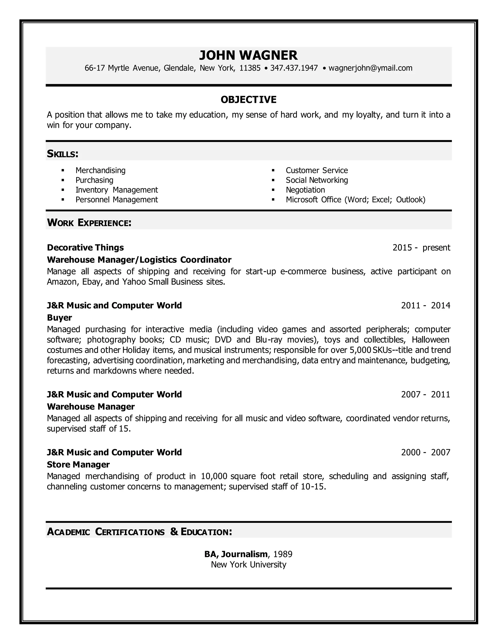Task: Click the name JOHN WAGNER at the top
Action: pos(248,55)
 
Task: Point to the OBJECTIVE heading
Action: pos(248,99)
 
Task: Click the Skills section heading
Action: pos(62,154)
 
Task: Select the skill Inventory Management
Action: pos(116,190)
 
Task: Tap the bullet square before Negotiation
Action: pos(273,190)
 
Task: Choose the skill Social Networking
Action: pos(316,180)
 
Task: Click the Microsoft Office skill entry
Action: pos(355,200)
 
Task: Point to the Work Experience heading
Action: pos(89,223)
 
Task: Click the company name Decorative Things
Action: pos(85,247)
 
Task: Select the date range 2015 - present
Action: pos(421,247)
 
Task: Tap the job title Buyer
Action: pos(59,318)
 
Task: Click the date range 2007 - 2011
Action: pos(425,395)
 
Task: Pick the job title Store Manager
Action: pos(78,465)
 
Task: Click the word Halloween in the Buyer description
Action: pos(430,340)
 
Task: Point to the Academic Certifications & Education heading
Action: pos(139,532)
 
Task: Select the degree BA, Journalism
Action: pos(236,554)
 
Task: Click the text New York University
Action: pos(248,565)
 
